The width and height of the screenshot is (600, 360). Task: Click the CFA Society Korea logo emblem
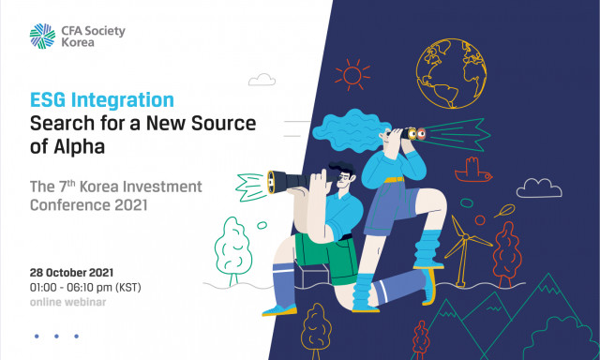[x=42, y=37]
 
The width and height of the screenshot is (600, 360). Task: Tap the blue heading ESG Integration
[x=102, y=100]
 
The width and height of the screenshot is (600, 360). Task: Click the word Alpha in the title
[x=79, y=147]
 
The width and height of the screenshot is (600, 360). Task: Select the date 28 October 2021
[x=71, y=273]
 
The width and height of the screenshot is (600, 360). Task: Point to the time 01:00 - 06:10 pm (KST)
[x=85, y=287]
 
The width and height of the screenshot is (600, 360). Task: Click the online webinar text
[x=67, y=302]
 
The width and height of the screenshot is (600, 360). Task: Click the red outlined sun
[x=352, y=75]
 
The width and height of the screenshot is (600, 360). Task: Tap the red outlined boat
[x=472, y=171]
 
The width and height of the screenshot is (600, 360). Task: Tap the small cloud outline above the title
[x=262, y=80]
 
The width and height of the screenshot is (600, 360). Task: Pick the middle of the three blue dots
[x=56, y=337]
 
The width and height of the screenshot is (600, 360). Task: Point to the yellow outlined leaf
[x=504, y=211]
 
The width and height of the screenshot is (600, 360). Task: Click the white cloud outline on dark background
[x=539, y=188]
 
